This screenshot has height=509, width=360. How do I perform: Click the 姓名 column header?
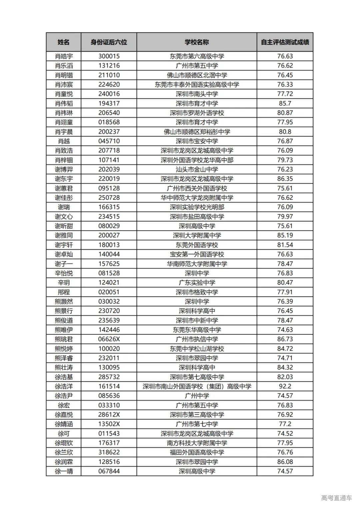[63, 42]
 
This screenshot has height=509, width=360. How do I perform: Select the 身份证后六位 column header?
[109, 42]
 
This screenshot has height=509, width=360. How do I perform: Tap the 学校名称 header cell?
[197, 42]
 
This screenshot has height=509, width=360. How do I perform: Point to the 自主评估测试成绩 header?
[285, 42]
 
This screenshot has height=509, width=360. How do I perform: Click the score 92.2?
[285, 386]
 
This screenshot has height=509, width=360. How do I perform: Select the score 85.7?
[285, 103]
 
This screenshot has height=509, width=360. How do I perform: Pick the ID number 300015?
[109, 56]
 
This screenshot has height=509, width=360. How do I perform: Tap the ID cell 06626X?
[109, 339]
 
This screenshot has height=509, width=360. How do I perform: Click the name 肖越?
[63, 141]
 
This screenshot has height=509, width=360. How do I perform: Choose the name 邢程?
[63, 292]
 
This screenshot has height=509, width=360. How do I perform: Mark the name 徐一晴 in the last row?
[63, 471]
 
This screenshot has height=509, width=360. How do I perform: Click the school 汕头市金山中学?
[197, 169]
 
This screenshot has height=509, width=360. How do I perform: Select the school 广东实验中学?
[197, 283]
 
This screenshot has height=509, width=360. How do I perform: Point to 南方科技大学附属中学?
[197, 443]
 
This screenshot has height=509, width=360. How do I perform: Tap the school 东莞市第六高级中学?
[197, 56]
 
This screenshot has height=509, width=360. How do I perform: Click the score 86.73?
[285, 339]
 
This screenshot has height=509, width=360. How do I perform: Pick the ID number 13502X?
[109, 424]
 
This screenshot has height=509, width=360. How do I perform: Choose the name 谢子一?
[63, 264]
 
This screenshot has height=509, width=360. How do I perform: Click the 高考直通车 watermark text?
[336, 498]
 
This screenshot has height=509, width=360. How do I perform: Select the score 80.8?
[285, 132]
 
